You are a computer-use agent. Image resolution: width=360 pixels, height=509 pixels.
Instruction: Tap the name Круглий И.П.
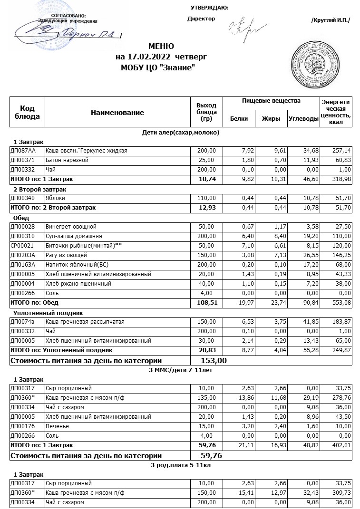coord(330,19)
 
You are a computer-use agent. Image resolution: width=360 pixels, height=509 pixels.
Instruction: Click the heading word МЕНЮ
coord(161,47)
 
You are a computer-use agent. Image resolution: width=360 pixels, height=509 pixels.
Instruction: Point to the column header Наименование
coord(117,113)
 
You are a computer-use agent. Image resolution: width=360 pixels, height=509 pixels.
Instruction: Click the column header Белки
coord(239,119)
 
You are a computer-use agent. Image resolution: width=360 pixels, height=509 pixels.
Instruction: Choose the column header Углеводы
coord(303,119)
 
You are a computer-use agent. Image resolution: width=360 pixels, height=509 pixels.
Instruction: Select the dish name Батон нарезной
coord(67,160)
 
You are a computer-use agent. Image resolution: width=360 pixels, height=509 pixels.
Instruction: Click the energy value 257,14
coord(341,151)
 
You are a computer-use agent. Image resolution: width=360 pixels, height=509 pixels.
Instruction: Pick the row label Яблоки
coord(55,198)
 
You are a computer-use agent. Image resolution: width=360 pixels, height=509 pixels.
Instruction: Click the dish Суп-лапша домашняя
coord(73,236)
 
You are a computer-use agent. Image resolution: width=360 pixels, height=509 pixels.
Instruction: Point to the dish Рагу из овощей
coord(66,255)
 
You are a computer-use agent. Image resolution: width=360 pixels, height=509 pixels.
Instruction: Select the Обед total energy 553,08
coord(341,303)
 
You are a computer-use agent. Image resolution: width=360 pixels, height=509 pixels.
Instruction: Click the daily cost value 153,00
coord(214,361)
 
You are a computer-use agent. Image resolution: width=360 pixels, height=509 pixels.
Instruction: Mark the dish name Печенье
coord(57,426)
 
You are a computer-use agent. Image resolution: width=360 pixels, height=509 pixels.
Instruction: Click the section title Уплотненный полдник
coord(48,313)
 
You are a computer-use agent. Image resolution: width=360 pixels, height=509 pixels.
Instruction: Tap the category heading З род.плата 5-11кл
coord(180,465)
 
